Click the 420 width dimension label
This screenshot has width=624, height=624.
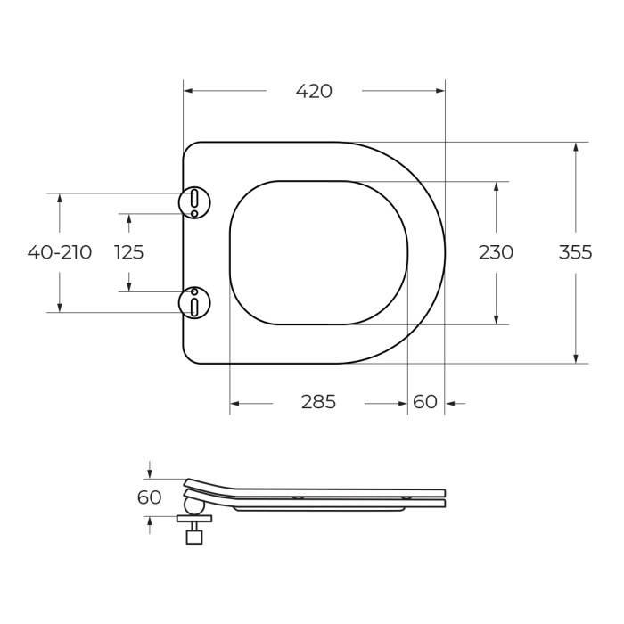pos(314,91)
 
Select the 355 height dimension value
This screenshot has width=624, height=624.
pos(575,252)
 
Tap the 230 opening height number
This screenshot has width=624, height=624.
pos(496,252)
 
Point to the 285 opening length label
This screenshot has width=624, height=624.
pos(318,402)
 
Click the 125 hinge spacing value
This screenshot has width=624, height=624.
pos(129,252)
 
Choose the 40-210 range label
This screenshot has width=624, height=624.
pos(60,252)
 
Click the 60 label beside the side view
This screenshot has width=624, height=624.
pos(150,497)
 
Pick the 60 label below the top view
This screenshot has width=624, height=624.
pos(425,402)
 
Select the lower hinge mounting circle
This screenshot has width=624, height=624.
pos(194,302)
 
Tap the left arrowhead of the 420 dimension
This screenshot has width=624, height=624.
pos(188,91)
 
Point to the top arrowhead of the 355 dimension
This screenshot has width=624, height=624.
pos(576,147)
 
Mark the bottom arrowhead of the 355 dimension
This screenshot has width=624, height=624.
pos(576,358)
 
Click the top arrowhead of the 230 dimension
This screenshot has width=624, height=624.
pos(497,186)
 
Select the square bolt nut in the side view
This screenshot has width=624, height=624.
pos(193,537)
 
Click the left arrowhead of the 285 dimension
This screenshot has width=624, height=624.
pos(235,404)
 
